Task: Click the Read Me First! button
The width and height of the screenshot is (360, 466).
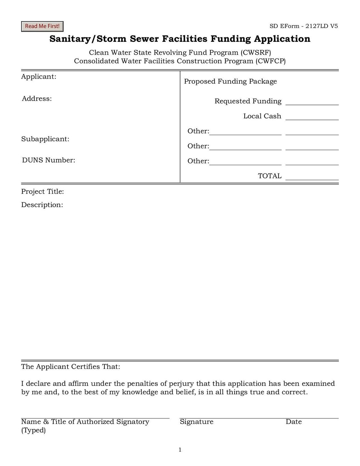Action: [x=42, y=26]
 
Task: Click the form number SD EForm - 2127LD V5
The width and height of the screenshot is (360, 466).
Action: [x=303, y=26]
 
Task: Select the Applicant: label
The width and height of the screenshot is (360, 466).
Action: [x=39, y=77]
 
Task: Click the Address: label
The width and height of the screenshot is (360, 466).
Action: [x=37, y=99]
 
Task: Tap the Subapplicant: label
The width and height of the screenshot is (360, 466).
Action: [x=45, y=139]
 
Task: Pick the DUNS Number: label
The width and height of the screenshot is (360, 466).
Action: [x=49, y=160]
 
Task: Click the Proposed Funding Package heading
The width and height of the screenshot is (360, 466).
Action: [x=230, y=81]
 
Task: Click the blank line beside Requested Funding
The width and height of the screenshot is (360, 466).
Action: [x=312, y=103]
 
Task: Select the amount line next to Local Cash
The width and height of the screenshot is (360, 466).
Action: [x=312, y=117]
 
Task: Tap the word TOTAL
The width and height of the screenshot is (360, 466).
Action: [x=269, y=176]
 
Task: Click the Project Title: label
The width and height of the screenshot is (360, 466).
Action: [x=42, y=192]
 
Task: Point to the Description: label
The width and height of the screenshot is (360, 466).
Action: [x=42, y=205]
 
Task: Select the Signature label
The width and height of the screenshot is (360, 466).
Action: [x=196, y=422]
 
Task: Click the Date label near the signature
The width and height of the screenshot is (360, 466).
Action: [x=293, y=422]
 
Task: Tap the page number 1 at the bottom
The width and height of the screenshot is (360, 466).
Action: [x=180, y=450]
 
